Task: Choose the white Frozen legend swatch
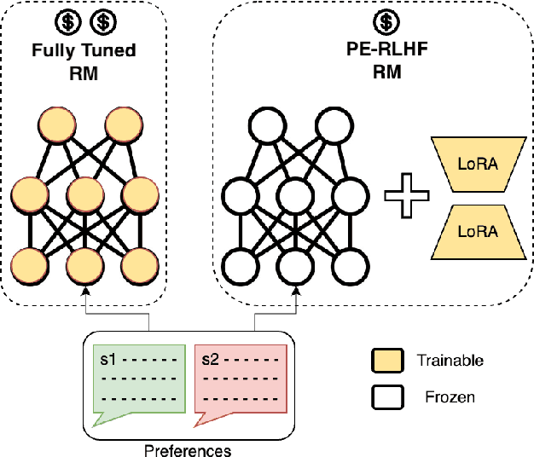386,396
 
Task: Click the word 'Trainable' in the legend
450,361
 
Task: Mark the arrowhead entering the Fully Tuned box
85,292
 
